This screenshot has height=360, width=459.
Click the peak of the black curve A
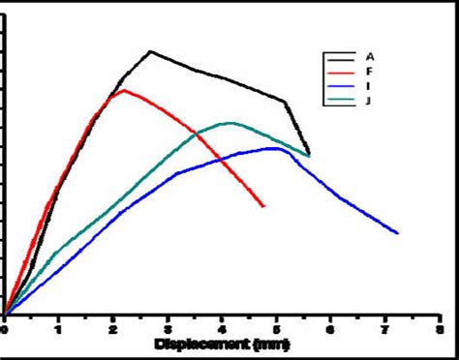coord(151,51)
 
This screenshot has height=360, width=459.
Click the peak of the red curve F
coord(123,90)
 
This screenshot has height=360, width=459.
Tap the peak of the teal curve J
coord(229,123)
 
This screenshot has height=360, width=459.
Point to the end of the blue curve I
coord(398,232)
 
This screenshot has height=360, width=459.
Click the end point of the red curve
coord(263,206)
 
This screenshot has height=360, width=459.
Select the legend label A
coord(369,54)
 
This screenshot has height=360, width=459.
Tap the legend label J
coord(369,101)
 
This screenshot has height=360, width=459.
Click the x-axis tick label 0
coord(5,329)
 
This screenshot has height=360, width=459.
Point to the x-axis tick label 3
coord(168,329)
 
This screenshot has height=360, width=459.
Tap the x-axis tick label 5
coord(276,329)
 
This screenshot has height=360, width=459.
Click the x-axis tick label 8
coord(439,329)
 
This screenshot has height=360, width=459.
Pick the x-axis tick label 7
coord(384,329)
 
